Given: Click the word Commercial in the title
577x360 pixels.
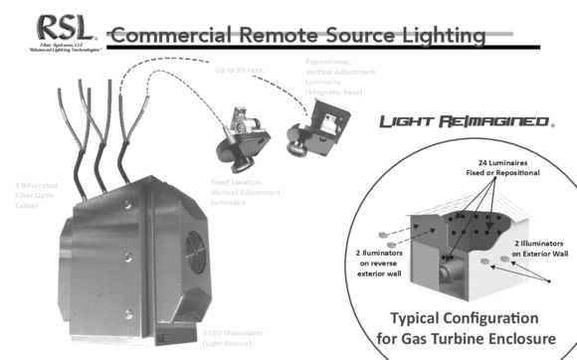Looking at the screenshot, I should tap(172, 36).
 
